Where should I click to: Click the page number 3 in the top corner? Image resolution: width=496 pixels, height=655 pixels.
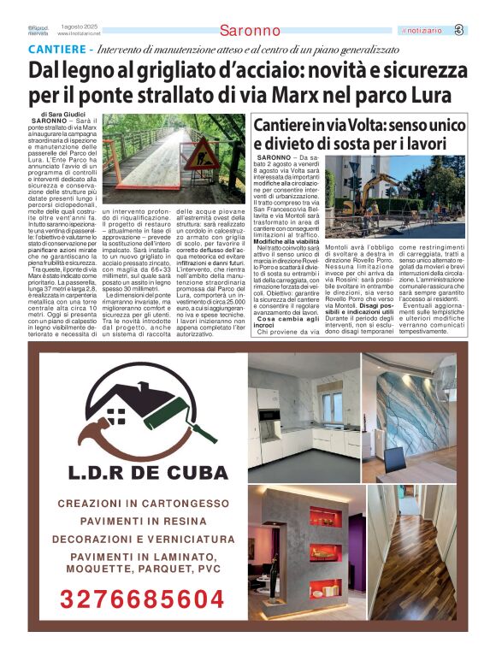click(482, 31)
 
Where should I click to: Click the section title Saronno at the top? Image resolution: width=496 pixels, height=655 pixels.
click(250, 31)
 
